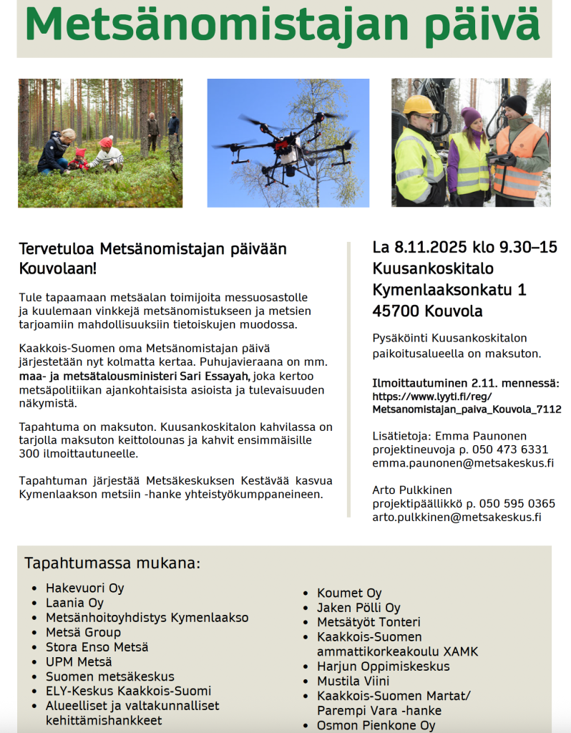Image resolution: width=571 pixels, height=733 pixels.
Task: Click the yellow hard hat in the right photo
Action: [420, 105]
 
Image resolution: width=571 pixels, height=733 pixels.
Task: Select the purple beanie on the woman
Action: [471, 116]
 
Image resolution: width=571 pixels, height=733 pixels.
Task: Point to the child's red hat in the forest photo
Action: [107, 142]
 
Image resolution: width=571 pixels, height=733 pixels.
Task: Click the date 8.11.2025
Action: [429, 248]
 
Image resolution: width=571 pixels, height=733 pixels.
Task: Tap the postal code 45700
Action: [396, 311]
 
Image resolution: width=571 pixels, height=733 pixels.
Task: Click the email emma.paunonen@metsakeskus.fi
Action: [463, 463]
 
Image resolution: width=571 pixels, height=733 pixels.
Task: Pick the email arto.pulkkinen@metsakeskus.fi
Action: [457, 518]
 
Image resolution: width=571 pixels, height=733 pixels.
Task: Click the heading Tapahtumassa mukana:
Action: [112, 563]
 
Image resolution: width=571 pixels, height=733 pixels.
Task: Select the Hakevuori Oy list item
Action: [85, 588]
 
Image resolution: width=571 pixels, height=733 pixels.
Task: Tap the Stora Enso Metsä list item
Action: [97, 647]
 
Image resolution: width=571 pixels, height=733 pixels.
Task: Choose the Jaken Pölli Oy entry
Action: [358, 608]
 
